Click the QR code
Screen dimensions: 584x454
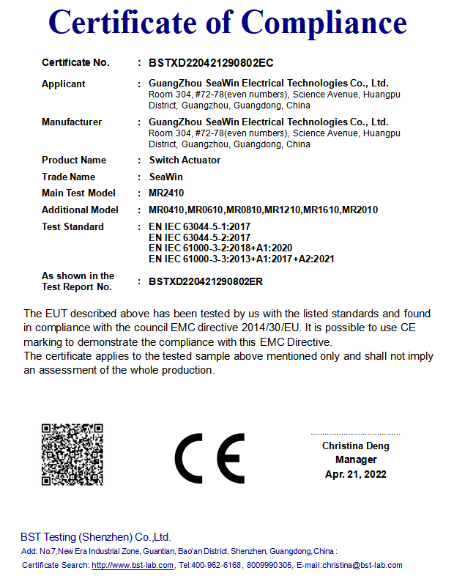[x=72, y=454]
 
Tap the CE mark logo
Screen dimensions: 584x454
[x=209, y=458]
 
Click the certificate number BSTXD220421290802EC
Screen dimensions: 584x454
[x=211, y=63]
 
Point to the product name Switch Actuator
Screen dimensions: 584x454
[x=185, y=160]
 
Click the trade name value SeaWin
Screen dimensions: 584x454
[x=165, y=177]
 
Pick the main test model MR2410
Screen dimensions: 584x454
[x=168, y=193]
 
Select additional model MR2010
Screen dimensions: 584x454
[x=360, y=210]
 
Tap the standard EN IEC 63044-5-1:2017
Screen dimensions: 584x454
[x=199, y=227]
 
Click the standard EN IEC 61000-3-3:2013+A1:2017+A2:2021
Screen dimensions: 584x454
[x=241, y=259]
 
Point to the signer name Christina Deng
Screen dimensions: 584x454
[x=356, y=446]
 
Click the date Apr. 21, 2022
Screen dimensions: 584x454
[x=356, y=474]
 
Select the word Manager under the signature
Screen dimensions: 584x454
[x=356, y=460]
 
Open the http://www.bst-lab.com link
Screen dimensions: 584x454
[x=133, y=565]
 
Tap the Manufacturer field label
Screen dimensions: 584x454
[x=72, y=122]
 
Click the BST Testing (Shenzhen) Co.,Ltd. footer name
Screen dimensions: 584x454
[x=95, y=537]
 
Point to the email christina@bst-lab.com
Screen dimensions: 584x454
[x=364, y=565]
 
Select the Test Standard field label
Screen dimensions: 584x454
[x=72, y=227]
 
